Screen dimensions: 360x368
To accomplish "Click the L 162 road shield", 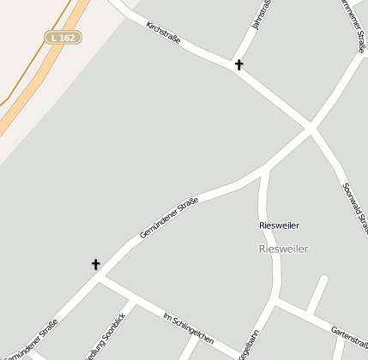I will (63, 38).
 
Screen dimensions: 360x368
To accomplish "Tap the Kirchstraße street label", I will (163, 35).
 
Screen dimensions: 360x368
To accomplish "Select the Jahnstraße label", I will (262, 15).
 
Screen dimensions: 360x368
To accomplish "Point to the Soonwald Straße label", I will (353, 206).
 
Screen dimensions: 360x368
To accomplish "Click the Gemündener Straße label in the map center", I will (169, 218).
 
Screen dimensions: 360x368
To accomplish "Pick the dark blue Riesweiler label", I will (280, 225).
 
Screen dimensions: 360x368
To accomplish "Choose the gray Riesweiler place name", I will (282, 249).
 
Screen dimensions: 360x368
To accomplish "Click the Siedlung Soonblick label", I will (105, 337).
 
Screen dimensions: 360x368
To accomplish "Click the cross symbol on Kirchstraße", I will (238, 64).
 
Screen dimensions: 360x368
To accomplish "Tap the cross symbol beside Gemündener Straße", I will (95, 265).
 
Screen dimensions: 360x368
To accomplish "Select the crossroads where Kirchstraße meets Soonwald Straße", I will (309, 129).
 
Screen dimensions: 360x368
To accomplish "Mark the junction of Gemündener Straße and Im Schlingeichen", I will (100, 277).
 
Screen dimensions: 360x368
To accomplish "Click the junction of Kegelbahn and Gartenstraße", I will (276, 301).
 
